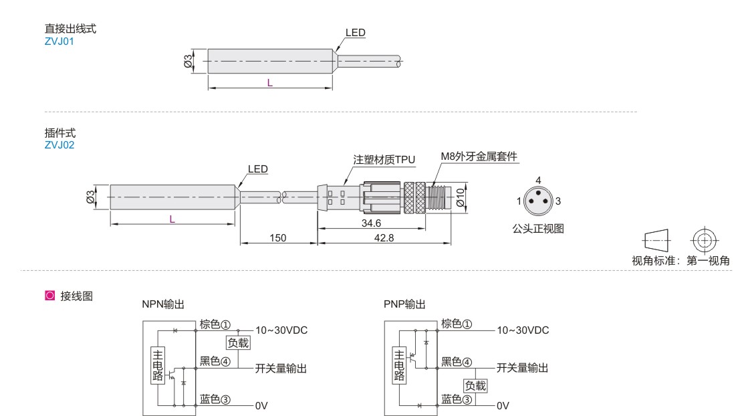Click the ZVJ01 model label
pos(59,41)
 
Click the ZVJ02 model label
pos(59,144)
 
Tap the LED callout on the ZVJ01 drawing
pos(356,33)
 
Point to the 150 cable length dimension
pos(278,238)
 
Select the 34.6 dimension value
pos(370,223)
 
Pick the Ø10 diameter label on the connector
pos(460,197)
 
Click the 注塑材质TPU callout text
pos(384,160)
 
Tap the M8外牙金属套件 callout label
pos(479,157)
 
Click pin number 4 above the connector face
pos(538,181)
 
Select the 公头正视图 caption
pos(538,229)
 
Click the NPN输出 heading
pos(163,304)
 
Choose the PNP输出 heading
pos(404,304)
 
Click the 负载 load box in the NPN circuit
pos(238,343)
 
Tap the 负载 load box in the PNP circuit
pos(476,385)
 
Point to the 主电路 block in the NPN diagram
pos(158,365)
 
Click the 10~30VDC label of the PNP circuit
pos(522,330)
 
